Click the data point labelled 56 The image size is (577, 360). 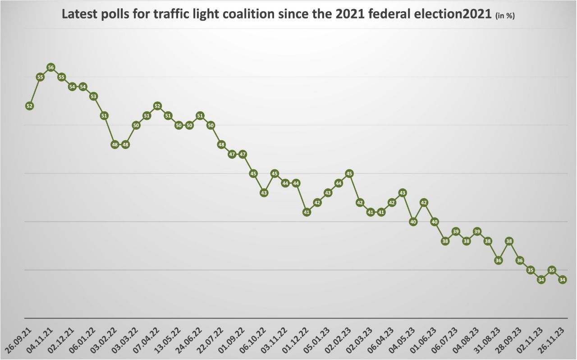point(51,68)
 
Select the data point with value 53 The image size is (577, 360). point(94,96)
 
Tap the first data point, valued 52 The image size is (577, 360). point(29,106)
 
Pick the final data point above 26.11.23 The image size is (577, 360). point(562,280)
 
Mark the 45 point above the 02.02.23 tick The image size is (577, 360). point(349,173)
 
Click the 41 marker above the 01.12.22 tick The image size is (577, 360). point(307,212)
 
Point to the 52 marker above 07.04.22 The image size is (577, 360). point(157,106)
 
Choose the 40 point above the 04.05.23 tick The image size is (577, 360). point(413,222)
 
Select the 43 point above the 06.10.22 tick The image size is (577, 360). point(264,193)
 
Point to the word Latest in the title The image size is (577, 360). point(78,14)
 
